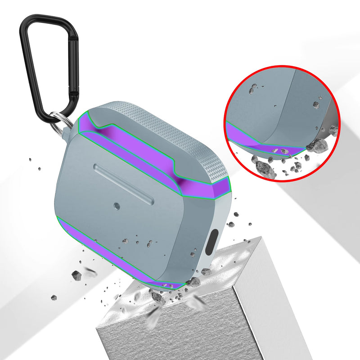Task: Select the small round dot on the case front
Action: [117, 207]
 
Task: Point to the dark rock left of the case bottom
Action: [76, 275]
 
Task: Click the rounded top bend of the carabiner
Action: [43, 19]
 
